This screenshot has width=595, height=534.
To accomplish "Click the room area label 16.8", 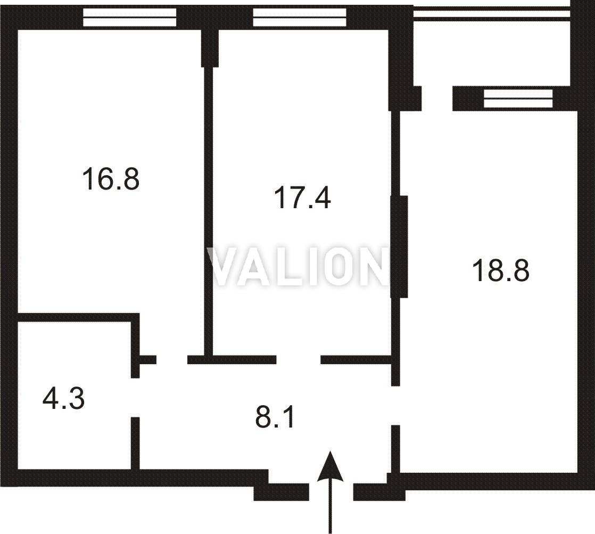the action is click(x=111, y=179).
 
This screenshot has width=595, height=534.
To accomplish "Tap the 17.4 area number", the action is click(x=302, y=198).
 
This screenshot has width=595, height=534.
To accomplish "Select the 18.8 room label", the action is click(x=500, y=270).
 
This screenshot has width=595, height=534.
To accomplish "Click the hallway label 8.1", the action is click(x=275, y=417).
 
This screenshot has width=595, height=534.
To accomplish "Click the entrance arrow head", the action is click(x=330, y=466).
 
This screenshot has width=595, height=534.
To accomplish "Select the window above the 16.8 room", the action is click(x=130, y=18).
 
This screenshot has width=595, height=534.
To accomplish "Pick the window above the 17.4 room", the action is click(x=300, y=18).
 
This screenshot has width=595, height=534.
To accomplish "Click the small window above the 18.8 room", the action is click(x=518, y=98).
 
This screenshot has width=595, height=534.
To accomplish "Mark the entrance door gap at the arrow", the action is click(x=331, y=492).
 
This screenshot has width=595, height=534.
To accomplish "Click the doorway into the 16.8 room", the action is click(x=171, y=359).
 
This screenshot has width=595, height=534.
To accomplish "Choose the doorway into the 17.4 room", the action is click(x=298, y=359).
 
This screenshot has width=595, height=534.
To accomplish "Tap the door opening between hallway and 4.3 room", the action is click(x=136, y=397).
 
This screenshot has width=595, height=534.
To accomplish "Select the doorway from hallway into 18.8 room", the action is click(x=395, y=405).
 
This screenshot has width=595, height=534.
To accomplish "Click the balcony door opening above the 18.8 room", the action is click(x=437, y=98).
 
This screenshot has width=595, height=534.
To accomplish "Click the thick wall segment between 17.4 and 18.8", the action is click(x=399, y=247).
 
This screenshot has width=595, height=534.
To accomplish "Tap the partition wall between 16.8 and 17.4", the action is click(x=209, y=211).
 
